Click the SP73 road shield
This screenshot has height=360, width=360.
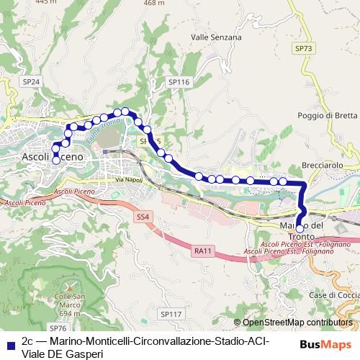(305, 48)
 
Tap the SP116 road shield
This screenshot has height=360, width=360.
(179, 83)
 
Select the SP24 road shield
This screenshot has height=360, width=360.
(30, 82)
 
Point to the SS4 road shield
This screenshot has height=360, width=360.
(143, 216)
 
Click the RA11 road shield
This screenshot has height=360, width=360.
(203, 251)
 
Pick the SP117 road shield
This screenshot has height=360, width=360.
(171, 314)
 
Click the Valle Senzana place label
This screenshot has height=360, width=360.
(211, 36)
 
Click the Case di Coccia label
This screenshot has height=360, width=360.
(333, 295)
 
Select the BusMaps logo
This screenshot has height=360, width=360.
(326, 345)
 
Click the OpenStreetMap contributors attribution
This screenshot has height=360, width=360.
(292, 323)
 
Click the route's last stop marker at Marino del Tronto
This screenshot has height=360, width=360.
(300, 228)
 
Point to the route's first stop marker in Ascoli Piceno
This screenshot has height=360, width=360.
(56, 161)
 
